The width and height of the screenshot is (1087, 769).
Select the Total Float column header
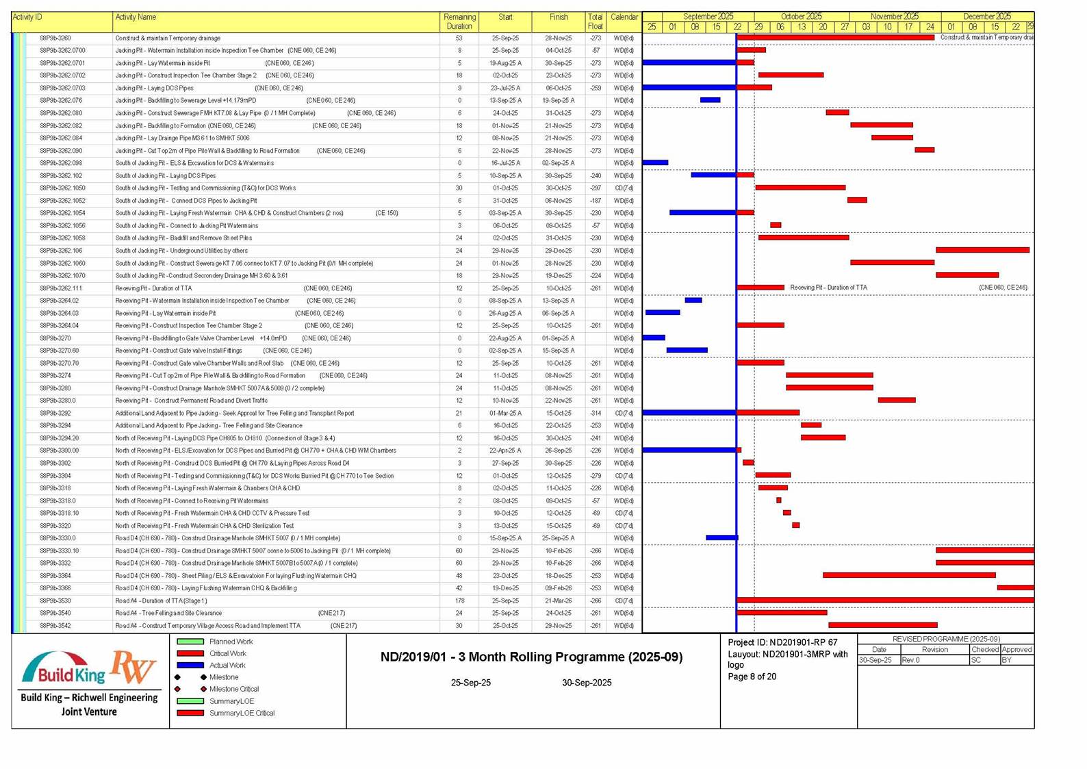click(x=595, y=21)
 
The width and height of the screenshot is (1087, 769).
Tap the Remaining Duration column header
click(x=459, y=21)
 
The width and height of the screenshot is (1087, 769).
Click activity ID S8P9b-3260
click(x=55, y=38)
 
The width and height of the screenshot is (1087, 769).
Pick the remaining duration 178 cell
click(x=459, y=601)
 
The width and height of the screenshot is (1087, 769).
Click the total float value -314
click(x=595, y=413)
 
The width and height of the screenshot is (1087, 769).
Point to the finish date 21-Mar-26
click(x=559, y=601)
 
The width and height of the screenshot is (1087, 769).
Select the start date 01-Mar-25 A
click(x=505, y=413)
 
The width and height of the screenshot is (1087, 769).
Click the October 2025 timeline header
click(x=801, y=16)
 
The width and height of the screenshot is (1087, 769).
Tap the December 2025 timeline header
click(x=986, y=16)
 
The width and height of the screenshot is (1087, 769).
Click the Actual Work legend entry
click(x=227, y=665)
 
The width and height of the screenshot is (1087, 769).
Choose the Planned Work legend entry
click(x=230, y=642)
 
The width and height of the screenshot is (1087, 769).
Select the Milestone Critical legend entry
click(x=233, y=689)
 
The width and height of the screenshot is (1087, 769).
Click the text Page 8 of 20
click(x=752, y=677)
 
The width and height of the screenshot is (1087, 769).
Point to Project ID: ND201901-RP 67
click(x=782, y=642)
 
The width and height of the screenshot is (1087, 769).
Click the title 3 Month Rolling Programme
click(x=531, y=657)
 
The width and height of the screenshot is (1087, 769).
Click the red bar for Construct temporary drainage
click(x=835, y=38)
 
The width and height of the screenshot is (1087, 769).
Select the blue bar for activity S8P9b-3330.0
click(x=721, y=538)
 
